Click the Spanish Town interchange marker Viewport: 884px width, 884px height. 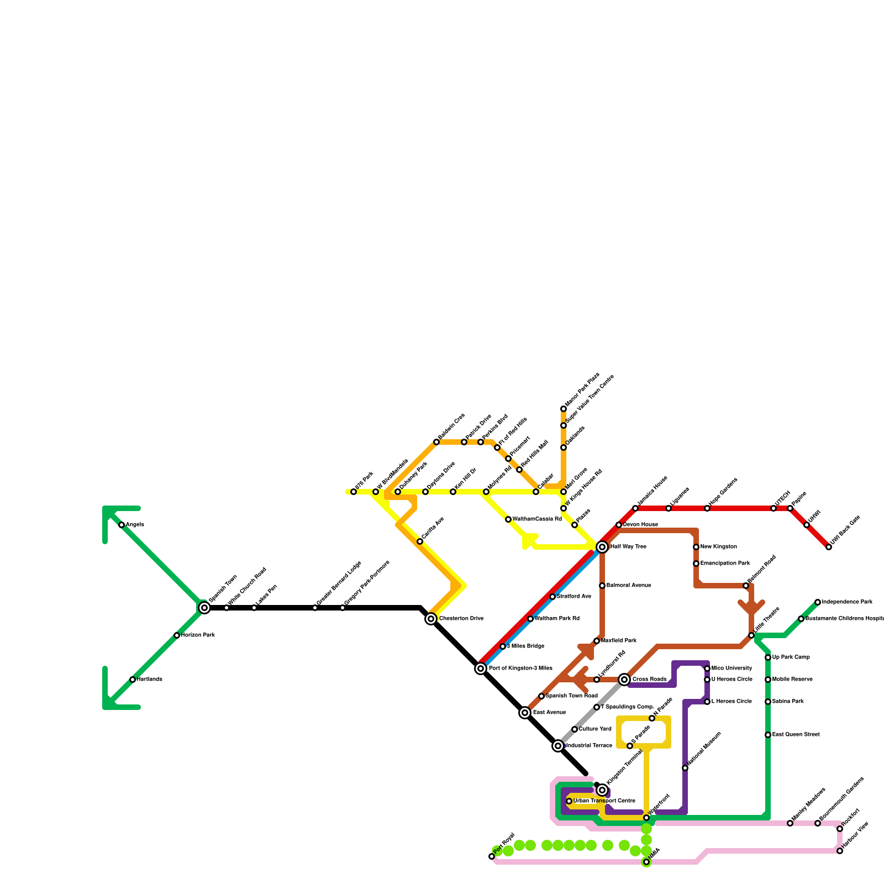pyautogui.click(x=204, y=608)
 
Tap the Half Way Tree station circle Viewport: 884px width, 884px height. pyautogui.click(x=602, y=547)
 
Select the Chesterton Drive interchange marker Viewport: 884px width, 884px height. pyautogui.click(x=431, y=619)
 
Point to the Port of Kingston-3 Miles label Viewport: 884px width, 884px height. pyautogui.click(x=520, y=669)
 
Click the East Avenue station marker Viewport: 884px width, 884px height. pyautogui.click(x=525, y=713)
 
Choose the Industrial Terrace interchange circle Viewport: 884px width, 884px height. pyautogui.click(x=558, y=746)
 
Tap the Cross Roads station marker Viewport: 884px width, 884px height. pyautogui.click(x=624, y=680)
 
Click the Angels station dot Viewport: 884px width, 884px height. pyautogui.click(x=122, y=525)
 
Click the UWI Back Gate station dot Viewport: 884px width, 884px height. pyautogui.click(x=829, y=547)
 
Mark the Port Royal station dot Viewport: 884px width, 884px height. pyautogui.click(x=492, y=856)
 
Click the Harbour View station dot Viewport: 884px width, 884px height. pyautogui.click(x=840, y=851)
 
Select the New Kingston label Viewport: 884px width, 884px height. pyautogui.click(x=718, y=547)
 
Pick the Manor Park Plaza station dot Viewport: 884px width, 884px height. pyautogui.click(x=564, y=409)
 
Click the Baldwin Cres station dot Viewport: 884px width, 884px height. pyautogui.click(x=436, y=442)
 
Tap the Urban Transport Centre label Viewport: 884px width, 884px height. pyautogui.click(x=604, y=801)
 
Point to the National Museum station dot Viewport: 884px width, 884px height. pyautogui.click(x=685, y=768)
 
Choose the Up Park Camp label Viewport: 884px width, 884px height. pyautogui.click(x=791, y=657)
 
